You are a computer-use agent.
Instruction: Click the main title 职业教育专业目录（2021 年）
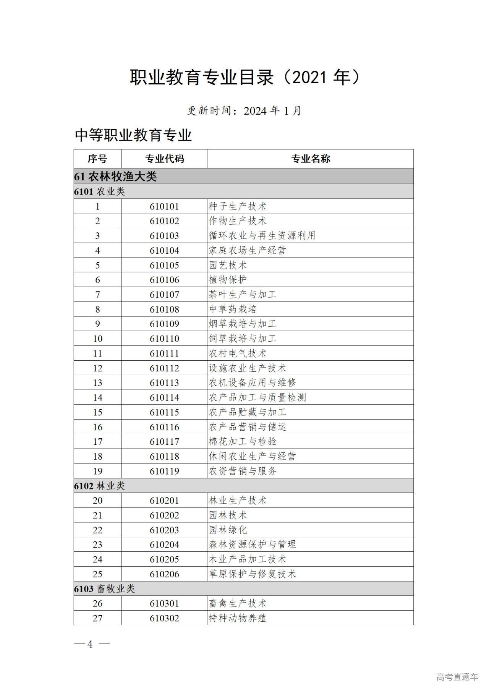(x=244, y=78)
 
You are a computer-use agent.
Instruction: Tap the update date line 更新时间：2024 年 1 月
(x=244, y=111)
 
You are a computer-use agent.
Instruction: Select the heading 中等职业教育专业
(x=133, y=135)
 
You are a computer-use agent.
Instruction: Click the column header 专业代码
(x=165, y=159)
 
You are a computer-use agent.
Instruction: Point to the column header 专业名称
(x=311, y=159)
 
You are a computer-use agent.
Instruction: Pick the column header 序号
(x=97, y=159)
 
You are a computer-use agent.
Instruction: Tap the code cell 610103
(x=164, y=236)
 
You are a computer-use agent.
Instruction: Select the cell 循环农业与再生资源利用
(x=262, y=236)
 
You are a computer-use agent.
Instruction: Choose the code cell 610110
(x=164, y=339)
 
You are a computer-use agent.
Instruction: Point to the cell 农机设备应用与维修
(x=253, y=383)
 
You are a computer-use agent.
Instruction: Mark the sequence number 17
(x=97, y=442)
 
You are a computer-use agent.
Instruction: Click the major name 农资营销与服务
(x=243, y=472)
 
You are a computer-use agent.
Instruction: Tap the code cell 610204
(x=164, y=545)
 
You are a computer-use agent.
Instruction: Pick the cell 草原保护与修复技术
(x=253, y=574)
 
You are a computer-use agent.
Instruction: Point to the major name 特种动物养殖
(x=238, y=618)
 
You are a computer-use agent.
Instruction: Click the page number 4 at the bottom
(x=90, y=644)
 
